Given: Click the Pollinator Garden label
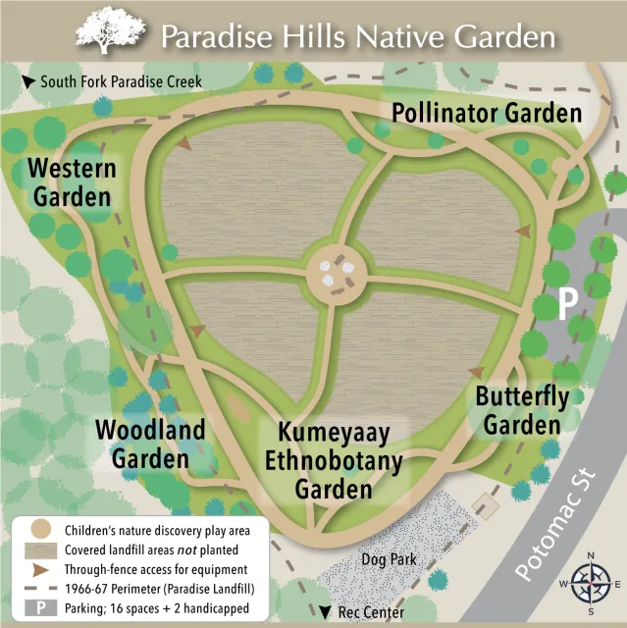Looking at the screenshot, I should (487, 112).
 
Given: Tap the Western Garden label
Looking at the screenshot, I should (71, 183).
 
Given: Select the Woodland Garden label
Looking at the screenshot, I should (150, 444).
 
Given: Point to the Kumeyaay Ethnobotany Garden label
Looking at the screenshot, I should (333, 459).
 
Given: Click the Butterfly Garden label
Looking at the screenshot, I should (521, 411).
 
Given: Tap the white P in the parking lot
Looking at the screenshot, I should (566, 304).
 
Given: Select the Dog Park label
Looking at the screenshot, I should (389, 559).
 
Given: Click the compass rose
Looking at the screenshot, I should (589, 586).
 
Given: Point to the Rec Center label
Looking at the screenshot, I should (369, 613).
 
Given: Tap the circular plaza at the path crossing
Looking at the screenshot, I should (335, 274).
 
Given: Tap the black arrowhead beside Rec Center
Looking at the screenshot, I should (325, 613).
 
